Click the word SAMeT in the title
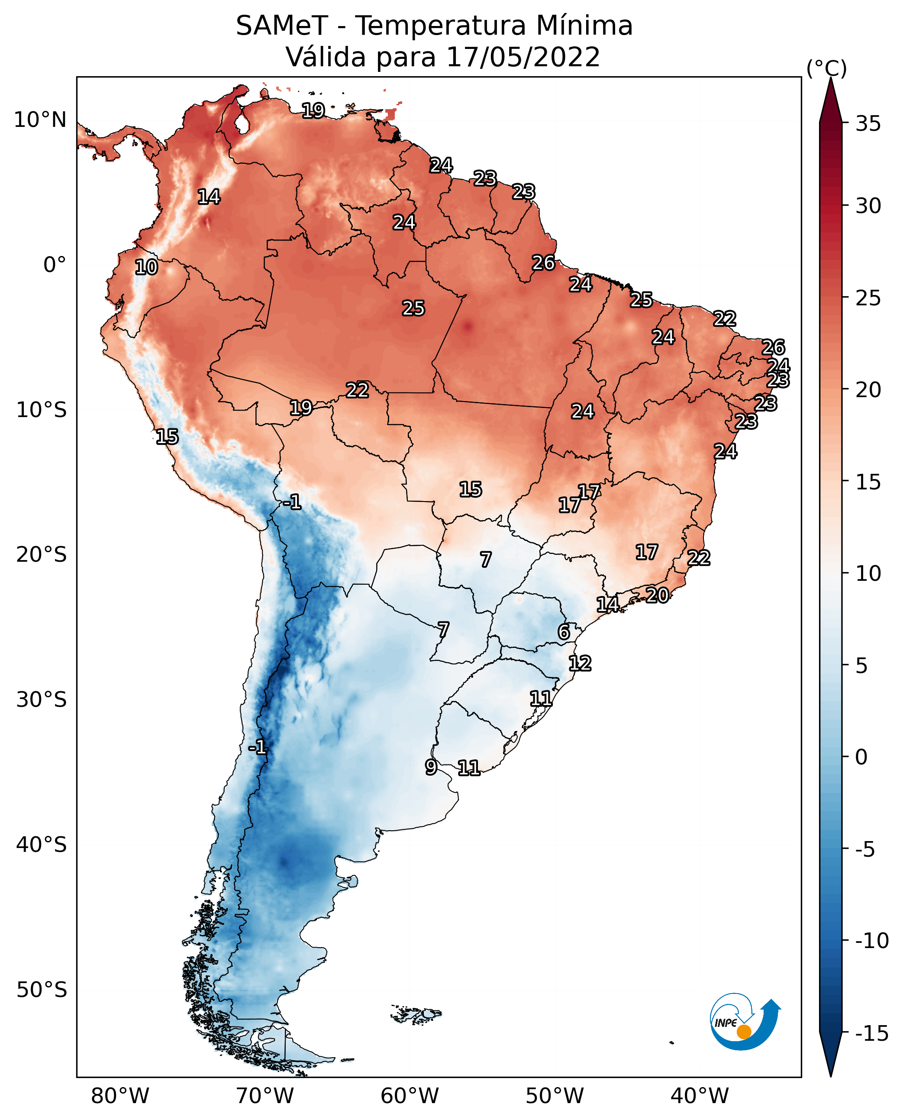click(282, 26)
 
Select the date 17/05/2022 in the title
click(523, 57)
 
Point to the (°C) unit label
click(826, 68)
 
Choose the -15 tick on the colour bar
click(872, 1033)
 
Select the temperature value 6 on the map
click(564, 632)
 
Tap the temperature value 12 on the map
click(580, 663)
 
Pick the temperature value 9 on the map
click(431, 767)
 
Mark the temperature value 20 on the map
click(658, 595)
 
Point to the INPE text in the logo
click(726, 1023)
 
